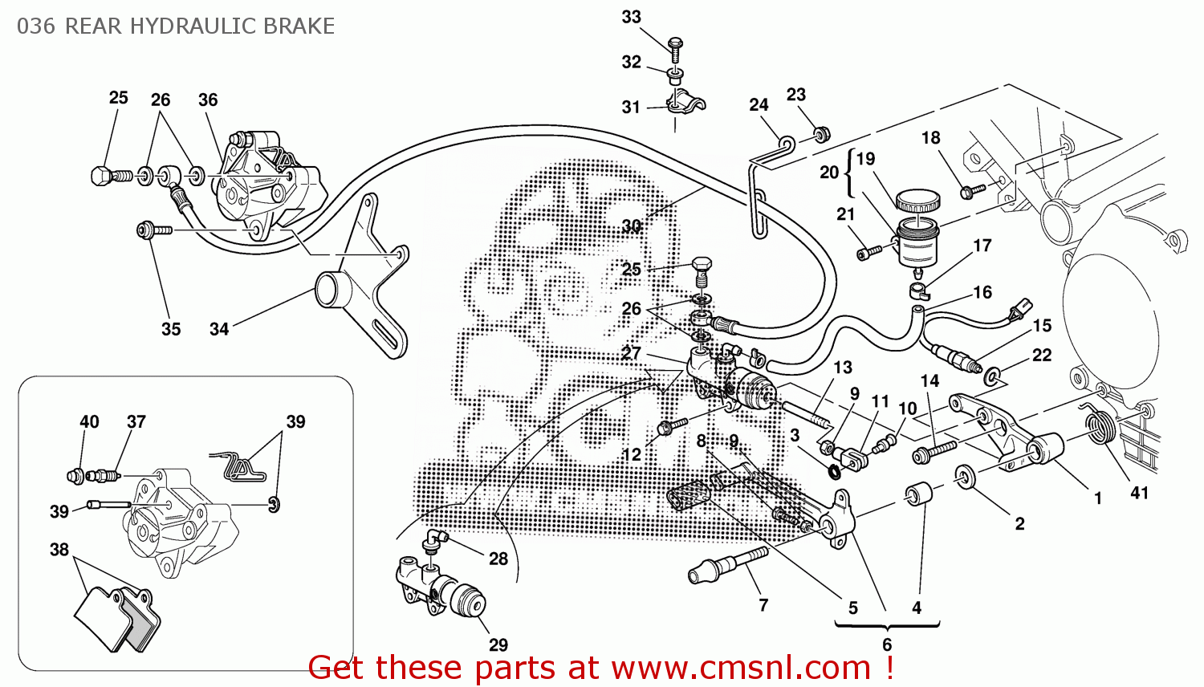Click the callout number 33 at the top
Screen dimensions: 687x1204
[631, 17]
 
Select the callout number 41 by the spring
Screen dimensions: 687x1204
[1139, 493]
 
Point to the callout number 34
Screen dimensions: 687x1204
[219, 329]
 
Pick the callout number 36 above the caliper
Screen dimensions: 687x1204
[208, 100]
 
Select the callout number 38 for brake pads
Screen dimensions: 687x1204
[59, 550]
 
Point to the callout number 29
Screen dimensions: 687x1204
[498, 644]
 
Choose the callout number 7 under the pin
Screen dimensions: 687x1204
[763, 605]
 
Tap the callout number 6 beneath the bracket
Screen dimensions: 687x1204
[887, 644]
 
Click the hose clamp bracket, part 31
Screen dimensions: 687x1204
[684, 104]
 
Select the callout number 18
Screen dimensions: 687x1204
[930, 138]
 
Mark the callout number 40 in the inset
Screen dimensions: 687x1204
[89, 422]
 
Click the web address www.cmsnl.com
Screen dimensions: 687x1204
[741, 668]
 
